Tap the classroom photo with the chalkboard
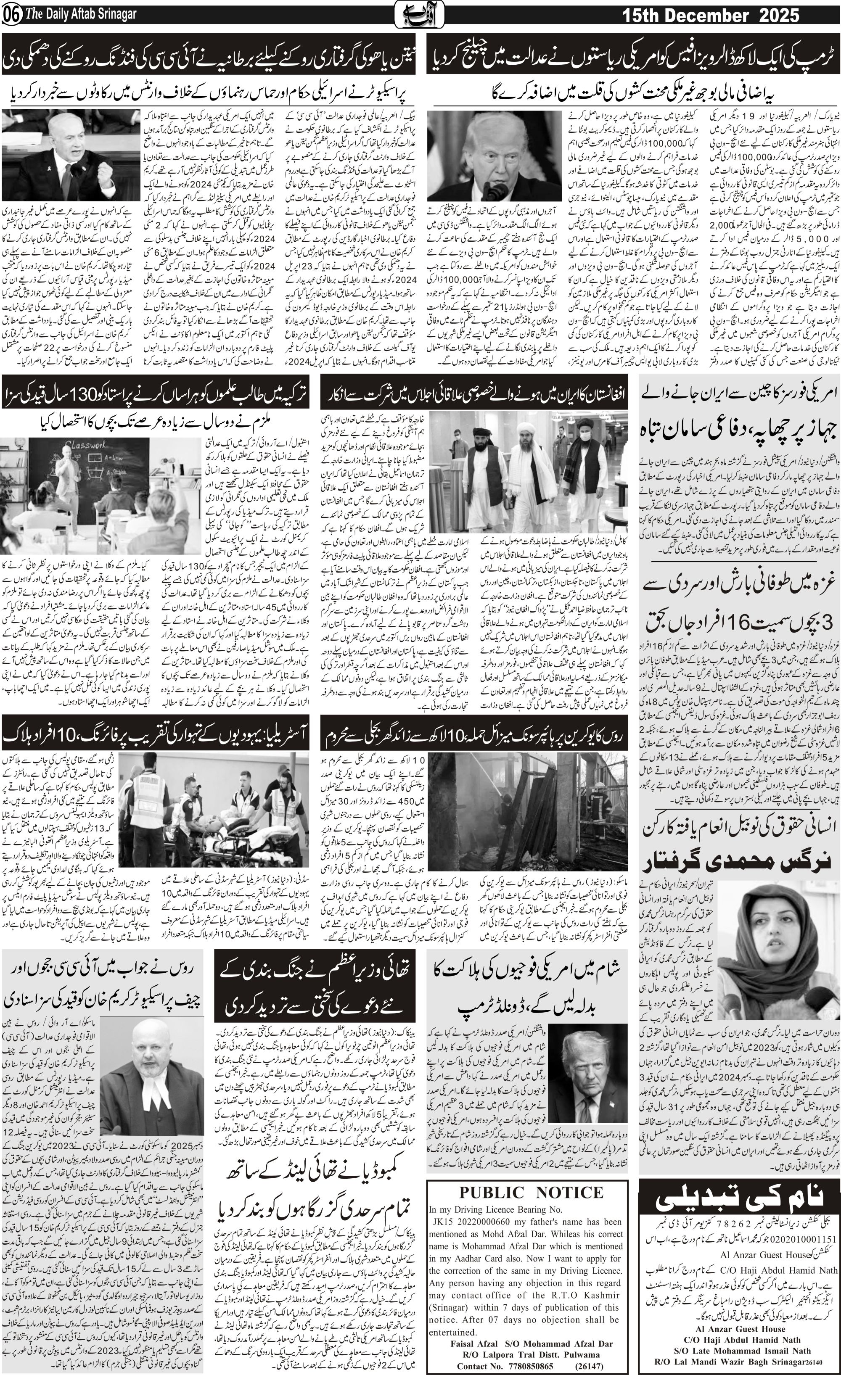click(x=99, y=496)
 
